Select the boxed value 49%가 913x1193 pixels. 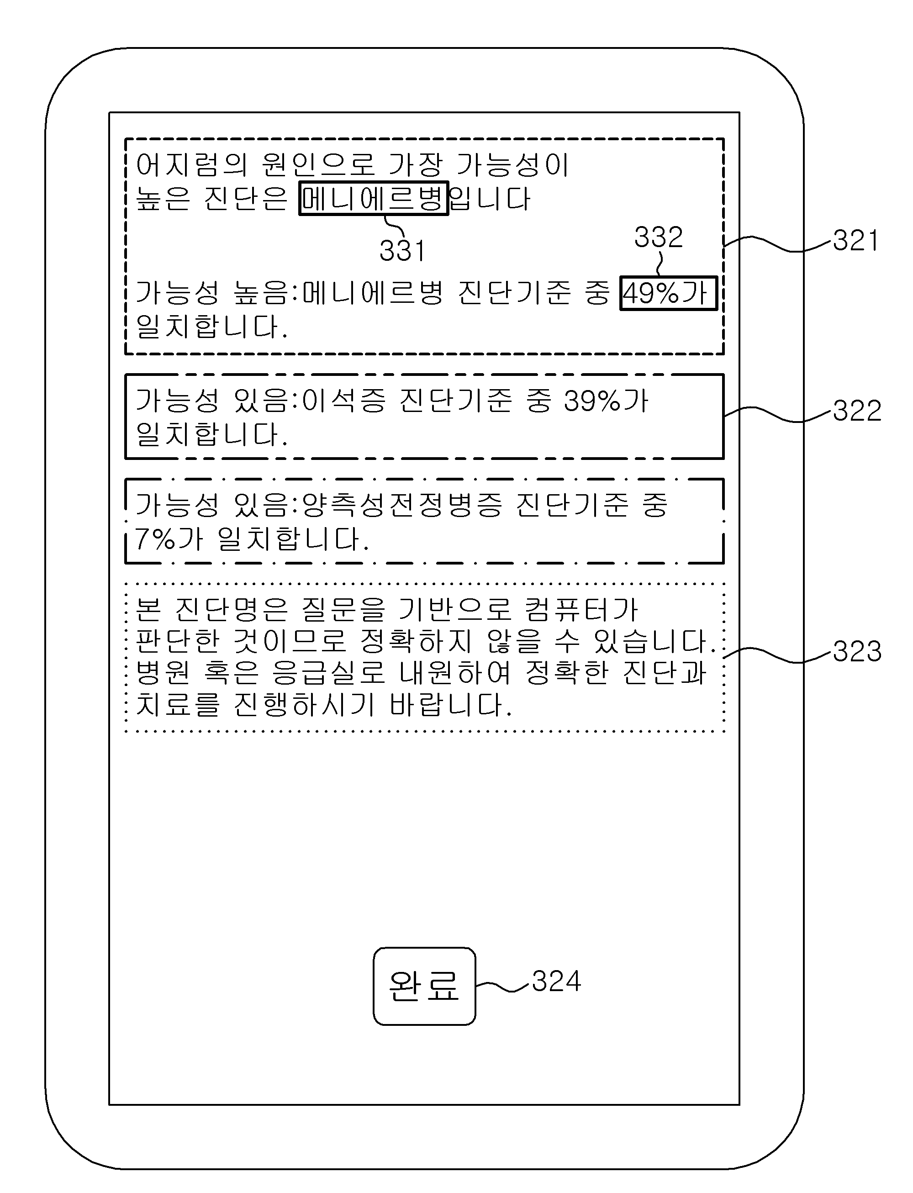[x=669, y=294]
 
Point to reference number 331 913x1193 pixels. [x=402, y=251]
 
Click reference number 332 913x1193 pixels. [x=658, y=237]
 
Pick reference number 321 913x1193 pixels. [x=856, y=240]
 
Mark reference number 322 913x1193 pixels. [x=857, y=410]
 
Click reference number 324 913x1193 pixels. [x=556, y=982]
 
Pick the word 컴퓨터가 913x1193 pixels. [x=581, y=609]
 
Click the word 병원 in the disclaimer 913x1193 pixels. [x=163, y=672]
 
